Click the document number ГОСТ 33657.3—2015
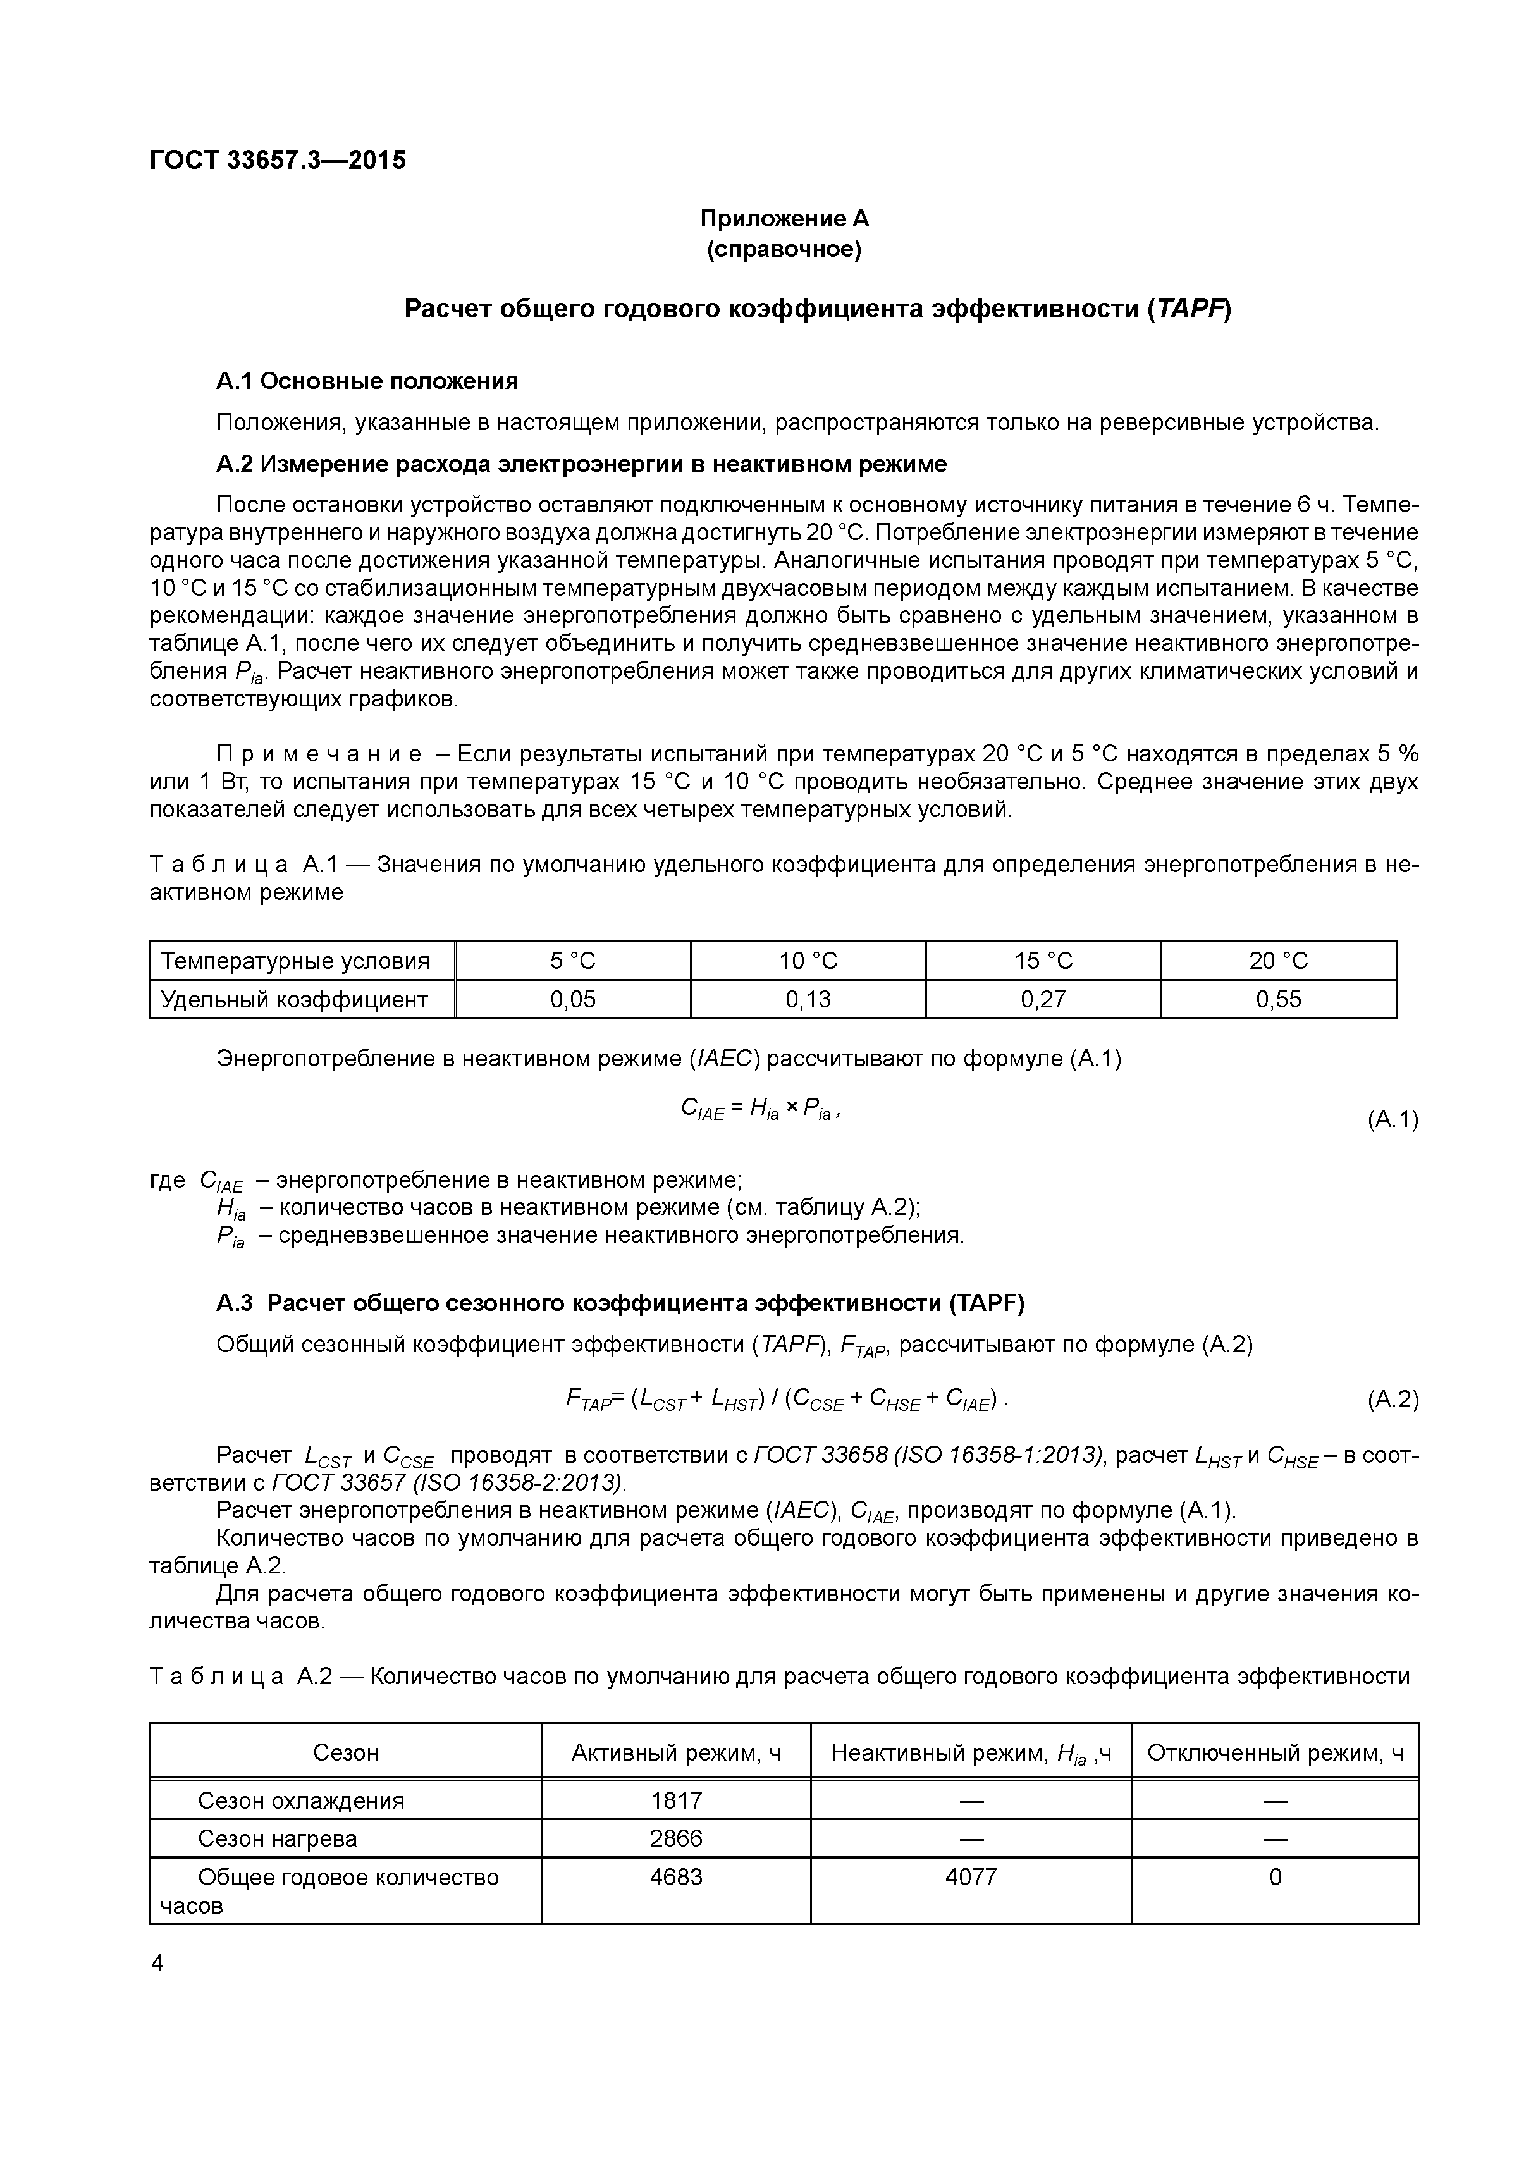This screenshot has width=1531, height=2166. tap(278, 161)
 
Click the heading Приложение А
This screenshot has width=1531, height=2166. tap(784, 219)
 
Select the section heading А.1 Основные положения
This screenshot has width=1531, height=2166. tap(367, 381)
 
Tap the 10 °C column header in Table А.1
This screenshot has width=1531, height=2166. tap(808, 961)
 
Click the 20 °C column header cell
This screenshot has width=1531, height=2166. tap(1277, 961)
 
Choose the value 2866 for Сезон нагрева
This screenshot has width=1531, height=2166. tap(677, 1838)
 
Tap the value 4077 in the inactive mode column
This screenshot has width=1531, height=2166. tap(971, 1878)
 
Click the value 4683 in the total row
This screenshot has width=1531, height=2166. tap(677, 1878)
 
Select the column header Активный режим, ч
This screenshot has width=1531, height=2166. tap(677, 1753)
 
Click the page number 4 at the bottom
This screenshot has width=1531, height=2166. tap(157, 1964)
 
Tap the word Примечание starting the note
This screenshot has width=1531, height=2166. tap(320, 754)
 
